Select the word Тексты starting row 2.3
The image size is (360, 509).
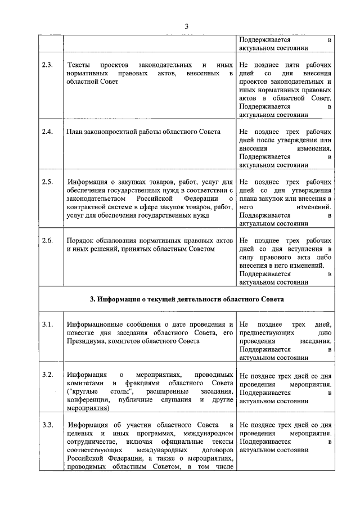coord(78,65)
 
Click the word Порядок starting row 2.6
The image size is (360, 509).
coord(80,241)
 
